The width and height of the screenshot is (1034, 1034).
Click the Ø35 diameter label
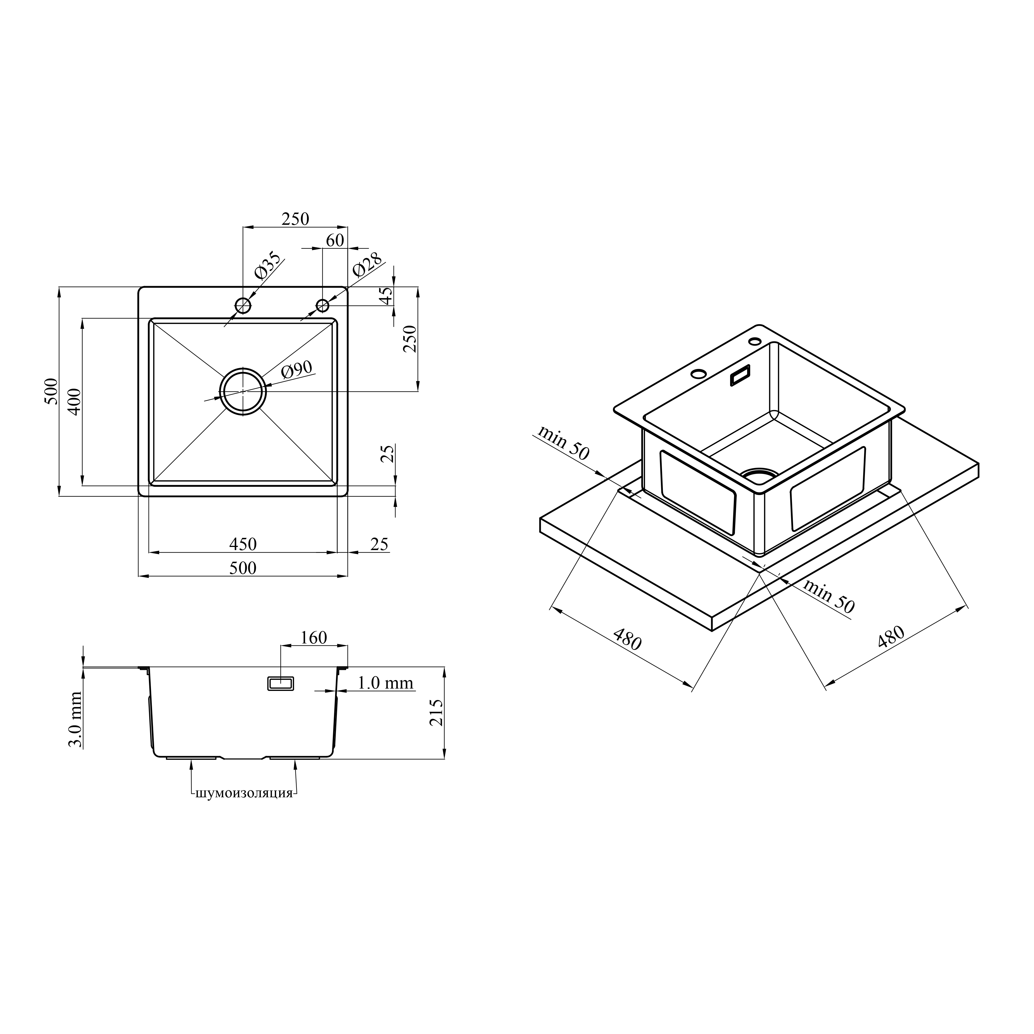tap(268, 266)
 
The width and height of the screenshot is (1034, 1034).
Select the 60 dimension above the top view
tap(335, 240)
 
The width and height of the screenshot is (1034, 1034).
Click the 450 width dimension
tap(243, 544)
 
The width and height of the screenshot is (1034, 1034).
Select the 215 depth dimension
tap(437, 713)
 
